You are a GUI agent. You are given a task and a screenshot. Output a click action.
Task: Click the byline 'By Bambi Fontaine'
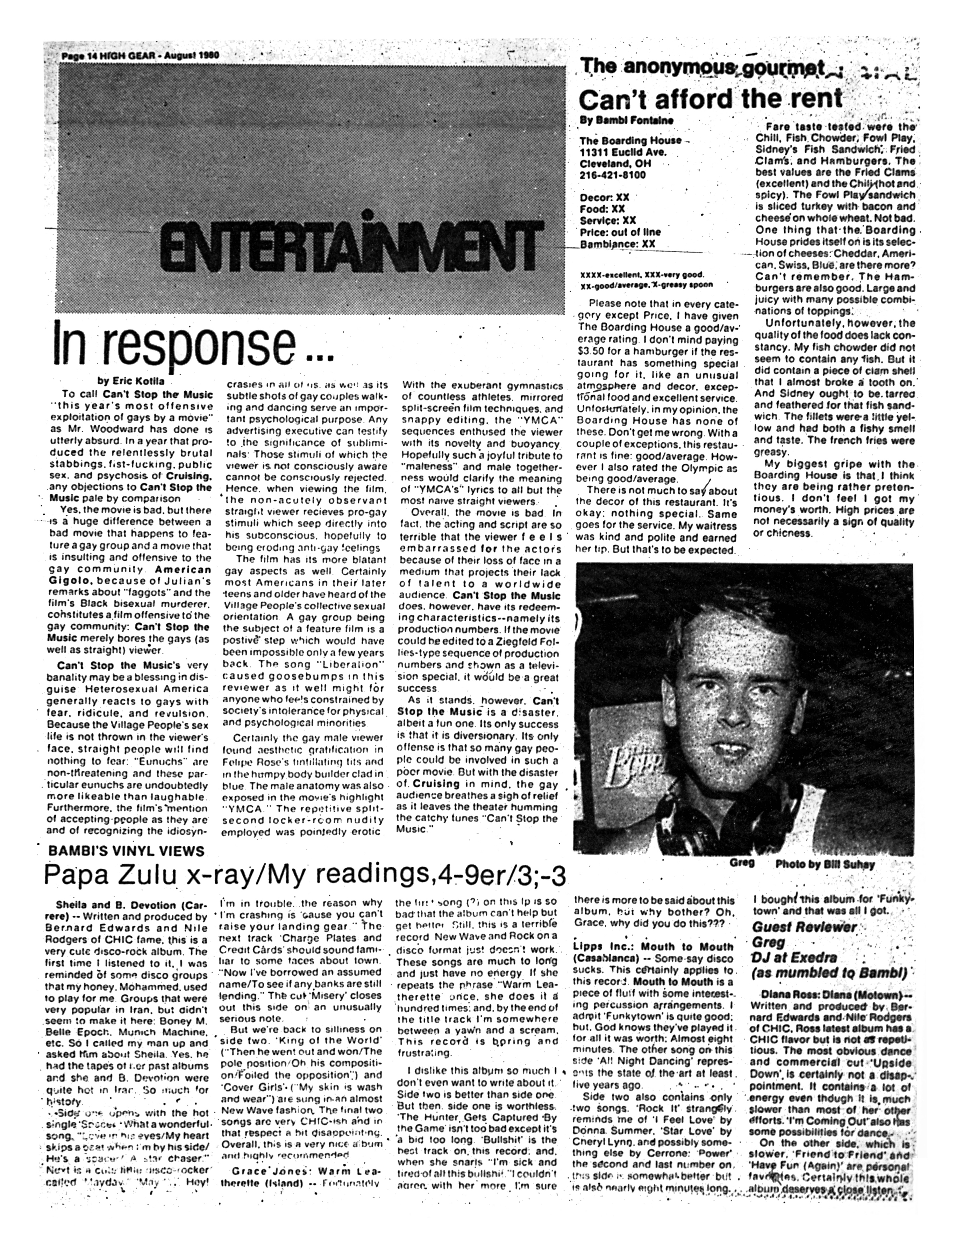pyautogui.click(x=626, y=121)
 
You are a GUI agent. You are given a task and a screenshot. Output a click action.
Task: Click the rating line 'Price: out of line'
pyautogui.click(x=620, y=232)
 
